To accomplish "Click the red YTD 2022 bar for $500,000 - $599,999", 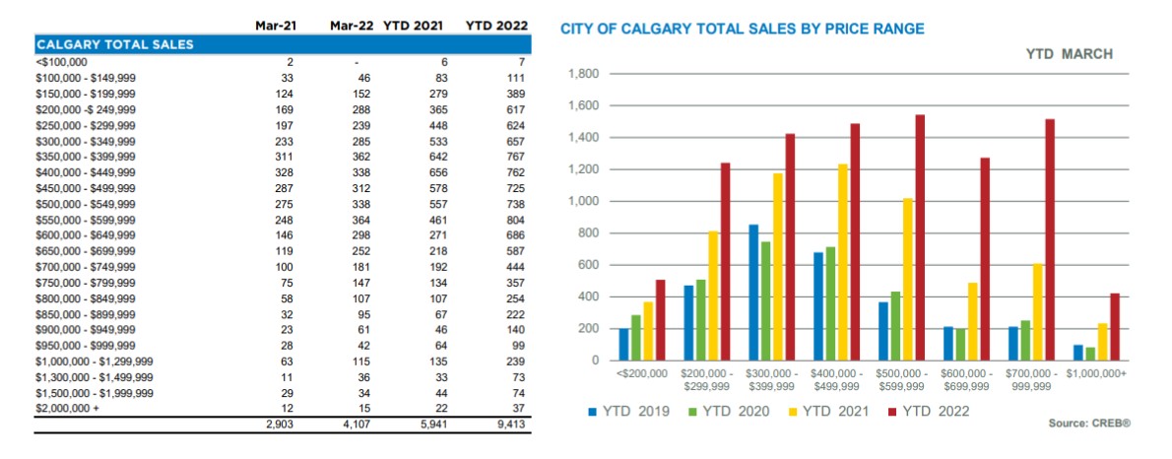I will point(920,237).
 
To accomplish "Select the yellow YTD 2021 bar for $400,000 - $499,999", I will point(842,262).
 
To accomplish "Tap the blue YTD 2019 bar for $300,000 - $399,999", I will point(753,293).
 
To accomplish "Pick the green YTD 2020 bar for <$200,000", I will point(636,337).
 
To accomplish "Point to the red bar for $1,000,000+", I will point(1113,327).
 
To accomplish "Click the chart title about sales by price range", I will point(743,30).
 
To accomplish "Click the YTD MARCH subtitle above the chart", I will point(1069,54).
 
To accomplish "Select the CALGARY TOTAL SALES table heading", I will point(114,44).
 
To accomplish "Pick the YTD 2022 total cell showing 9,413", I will point(509,426).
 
